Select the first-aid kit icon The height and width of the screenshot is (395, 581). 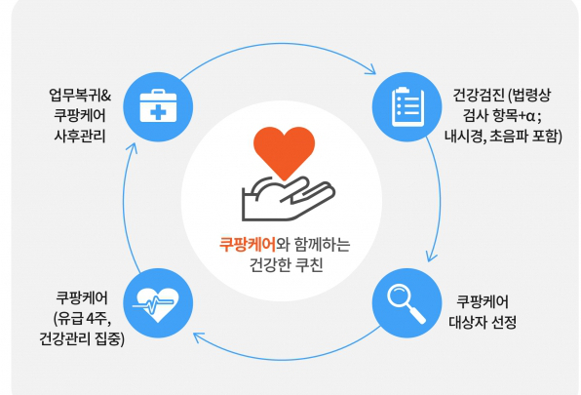(x=158, y=106)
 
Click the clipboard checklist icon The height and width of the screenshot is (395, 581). (x=407, y=106)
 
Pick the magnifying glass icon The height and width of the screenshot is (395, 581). (x=407, y=303)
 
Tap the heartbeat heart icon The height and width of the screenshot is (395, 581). (x=157, y=304)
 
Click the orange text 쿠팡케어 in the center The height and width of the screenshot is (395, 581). (x=248, y=245)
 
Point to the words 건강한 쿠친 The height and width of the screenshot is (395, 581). (x=287, y=265)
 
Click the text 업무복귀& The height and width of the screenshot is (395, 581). (x=80, y=96)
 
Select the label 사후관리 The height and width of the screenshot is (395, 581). (x=80, y=136)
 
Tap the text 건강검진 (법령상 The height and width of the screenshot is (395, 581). (x=502, y=96)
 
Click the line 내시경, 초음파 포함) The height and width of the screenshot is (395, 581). (x=503, y=136)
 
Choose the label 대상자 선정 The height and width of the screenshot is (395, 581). (x=483, y=322)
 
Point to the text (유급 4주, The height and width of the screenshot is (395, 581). (x=82, y=318)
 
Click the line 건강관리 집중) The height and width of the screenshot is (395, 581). (x=82, y=338)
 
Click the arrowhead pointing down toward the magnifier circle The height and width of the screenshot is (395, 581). (x=431, y=257)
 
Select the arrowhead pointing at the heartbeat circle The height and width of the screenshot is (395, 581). (x=198, y=336)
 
